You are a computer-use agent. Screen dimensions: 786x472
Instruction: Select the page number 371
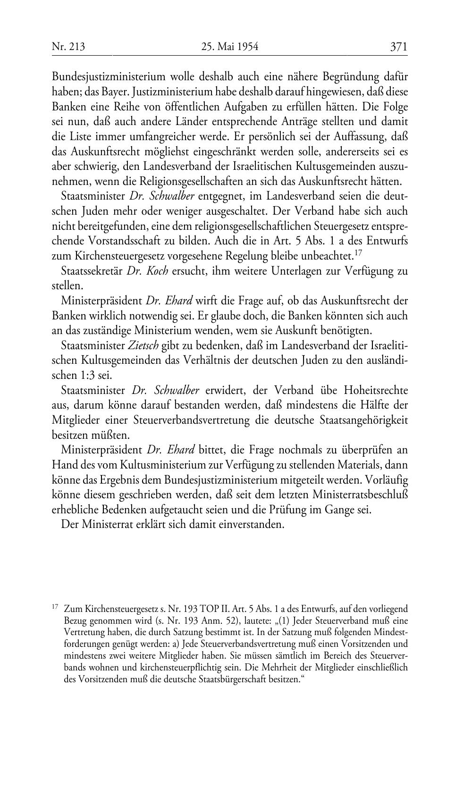[399, 47]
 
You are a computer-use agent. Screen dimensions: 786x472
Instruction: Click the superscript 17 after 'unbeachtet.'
[358, 252]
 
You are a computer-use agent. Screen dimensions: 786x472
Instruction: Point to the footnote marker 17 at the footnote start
[55, 606]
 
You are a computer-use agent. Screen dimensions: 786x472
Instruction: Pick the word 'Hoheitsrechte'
[376, 391]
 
